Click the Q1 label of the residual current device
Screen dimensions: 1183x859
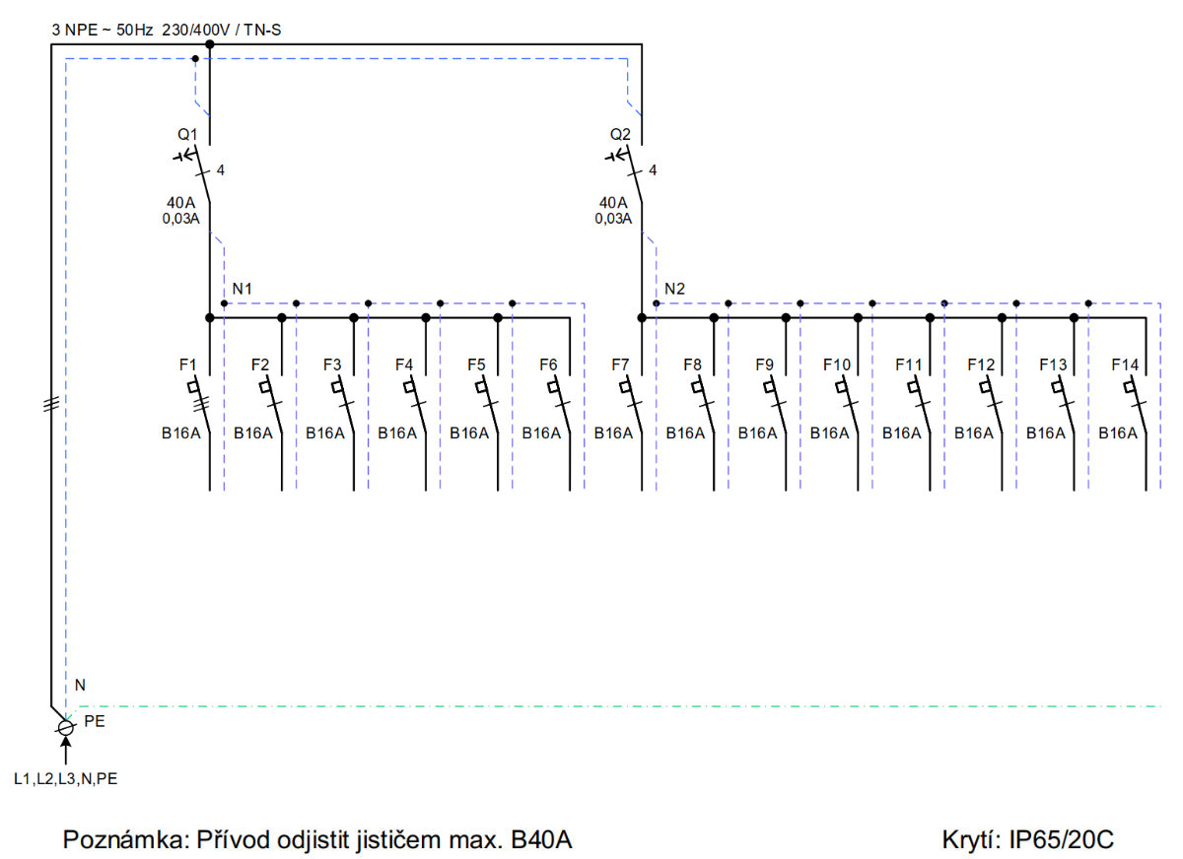(187, 135)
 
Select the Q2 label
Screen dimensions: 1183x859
(620, 135)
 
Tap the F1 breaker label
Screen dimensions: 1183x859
(187, 364)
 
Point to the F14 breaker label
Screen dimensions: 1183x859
(1125, 364)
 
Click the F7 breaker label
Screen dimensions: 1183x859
(620, 364)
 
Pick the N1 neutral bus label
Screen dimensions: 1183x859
(242, 289)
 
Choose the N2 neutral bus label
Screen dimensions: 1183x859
(674, 289)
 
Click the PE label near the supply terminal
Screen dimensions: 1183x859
(95, 721)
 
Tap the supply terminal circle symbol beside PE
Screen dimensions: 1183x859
(65, 728)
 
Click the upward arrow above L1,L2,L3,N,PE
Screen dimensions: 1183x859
(65, 751)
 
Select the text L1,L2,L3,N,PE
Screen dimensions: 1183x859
(65, 779)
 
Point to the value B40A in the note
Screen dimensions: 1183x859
(541, 839)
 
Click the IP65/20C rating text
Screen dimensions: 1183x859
(1062, 839)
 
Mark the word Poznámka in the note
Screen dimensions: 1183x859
(126, 839)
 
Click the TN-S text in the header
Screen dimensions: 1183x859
(262, 31)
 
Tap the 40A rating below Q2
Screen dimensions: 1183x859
(613, 203)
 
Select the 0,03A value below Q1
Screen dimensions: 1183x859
(180, 219)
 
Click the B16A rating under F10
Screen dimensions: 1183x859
(829, 433)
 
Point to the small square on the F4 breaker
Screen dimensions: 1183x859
(409, 387)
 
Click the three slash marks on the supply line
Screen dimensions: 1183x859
(51, 405)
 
